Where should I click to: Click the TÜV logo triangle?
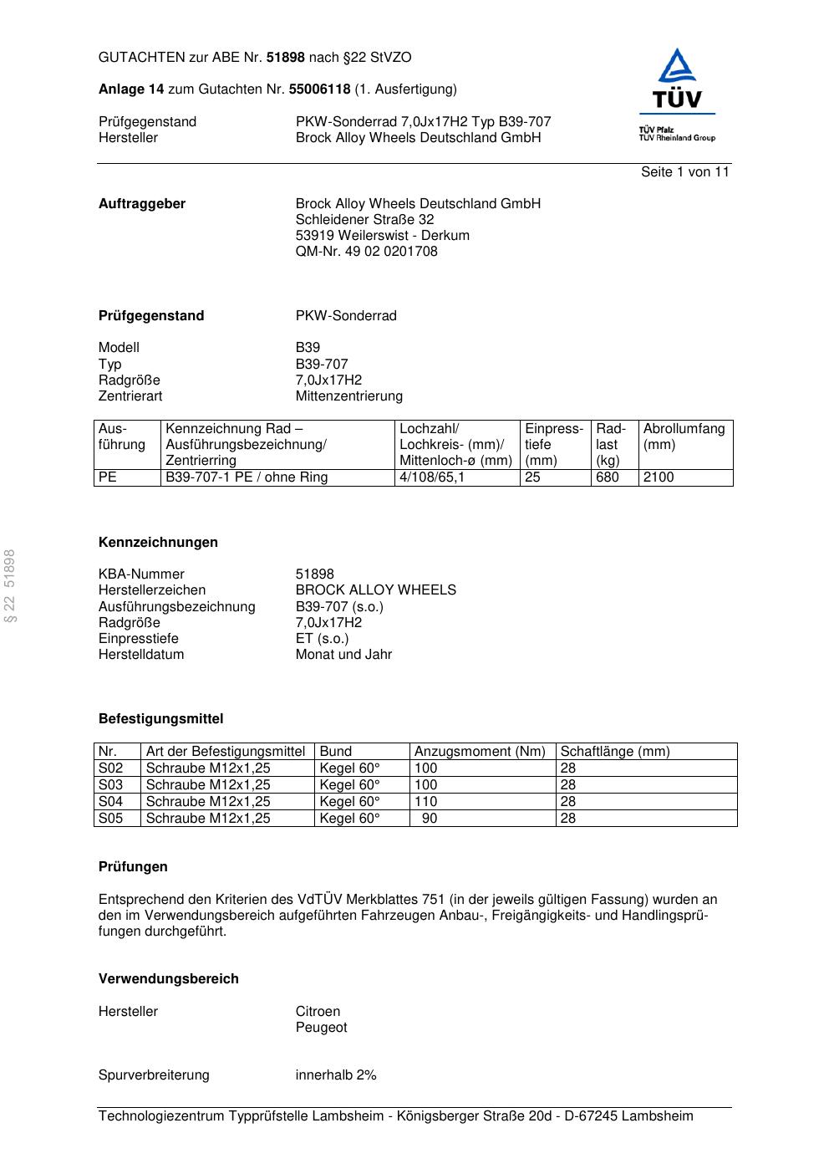click(676, 68)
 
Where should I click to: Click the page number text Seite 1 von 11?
click(684, 172)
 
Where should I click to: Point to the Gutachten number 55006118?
click(319, 89)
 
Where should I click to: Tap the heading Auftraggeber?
click(142, 204)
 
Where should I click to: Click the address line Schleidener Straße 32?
click(364, 220)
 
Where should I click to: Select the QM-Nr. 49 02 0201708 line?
click(366, 252)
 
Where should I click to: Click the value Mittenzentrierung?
click(348, 396)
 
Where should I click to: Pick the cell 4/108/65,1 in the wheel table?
click(432, 477)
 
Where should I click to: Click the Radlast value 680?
click(608, 477)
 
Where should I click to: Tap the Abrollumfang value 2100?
click(658, 477)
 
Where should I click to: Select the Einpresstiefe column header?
click(554, 444)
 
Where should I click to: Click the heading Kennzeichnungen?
click(158, 543)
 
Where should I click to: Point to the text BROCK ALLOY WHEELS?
click(375, 590)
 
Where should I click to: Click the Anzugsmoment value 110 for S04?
click(425, 802)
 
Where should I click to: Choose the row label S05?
click(110, 819)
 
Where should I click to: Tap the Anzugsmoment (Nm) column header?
click(480, 752)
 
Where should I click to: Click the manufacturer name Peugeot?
click(321, 1028)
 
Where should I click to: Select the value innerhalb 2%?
click(336, 1075)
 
